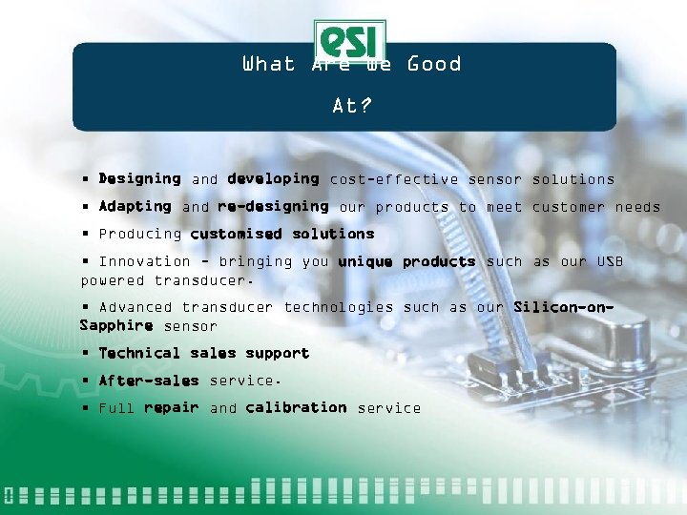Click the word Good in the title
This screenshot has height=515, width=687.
434,65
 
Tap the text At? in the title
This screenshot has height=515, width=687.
350,106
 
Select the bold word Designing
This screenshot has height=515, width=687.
139,178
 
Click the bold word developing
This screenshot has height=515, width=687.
273,178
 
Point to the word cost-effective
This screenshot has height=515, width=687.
393,179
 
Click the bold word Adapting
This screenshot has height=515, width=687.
135,206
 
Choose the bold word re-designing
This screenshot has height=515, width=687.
273,206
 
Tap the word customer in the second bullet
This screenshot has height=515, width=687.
569,207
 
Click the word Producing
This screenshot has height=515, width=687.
139,234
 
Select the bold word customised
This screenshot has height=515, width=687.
236,234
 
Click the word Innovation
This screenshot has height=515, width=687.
144,261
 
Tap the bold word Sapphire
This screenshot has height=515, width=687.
116,326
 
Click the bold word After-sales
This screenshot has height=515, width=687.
149,381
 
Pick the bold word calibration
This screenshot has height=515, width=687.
296,407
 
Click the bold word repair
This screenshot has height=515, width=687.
171,408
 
